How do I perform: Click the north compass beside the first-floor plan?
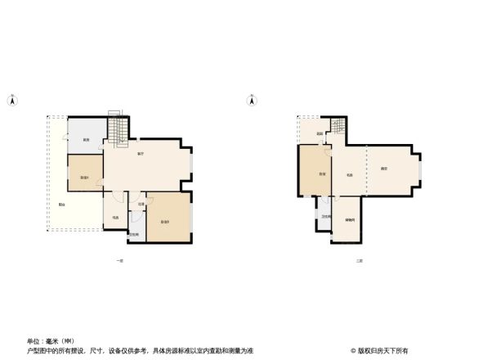click(12, 101)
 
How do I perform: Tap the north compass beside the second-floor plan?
click(253, 101)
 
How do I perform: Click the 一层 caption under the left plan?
click(119, 261)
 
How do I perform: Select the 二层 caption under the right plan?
click(359, 261)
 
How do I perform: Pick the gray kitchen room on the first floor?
click(85, 137)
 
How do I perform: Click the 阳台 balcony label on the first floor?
click(62, 205)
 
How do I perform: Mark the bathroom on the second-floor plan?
click(325, 217)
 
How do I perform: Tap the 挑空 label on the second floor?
click(383, 169)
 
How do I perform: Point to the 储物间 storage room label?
click(349, 219)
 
